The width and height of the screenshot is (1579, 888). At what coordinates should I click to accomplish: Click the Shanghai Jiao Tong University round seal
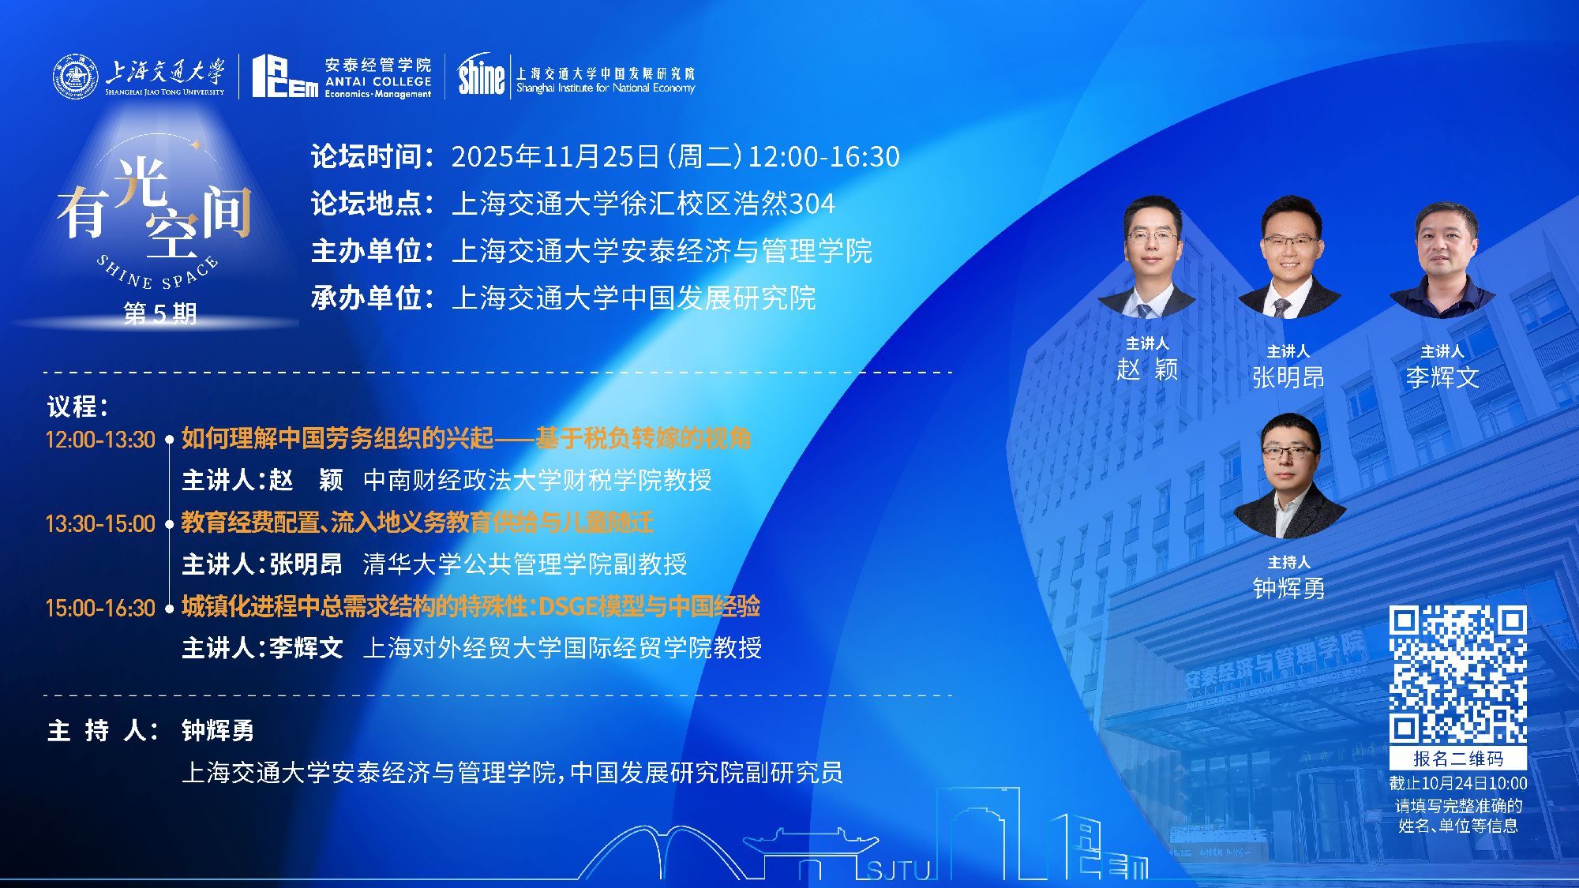point(76,77)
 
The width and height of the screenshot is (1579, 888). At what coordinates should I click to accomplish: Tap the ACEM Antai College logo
point(342,77)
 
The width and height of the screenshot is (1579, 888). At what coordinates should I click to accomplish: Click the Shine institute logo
point(481,75)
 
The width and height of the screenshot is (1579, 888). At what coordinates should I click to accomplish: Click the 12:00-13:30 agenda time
point(100,440)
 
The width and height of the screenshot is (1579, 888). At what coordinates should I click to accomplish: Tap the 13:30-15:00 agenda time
point(100,524)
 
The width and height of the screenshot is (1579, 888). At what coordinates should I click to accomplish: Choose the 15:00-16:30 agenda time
point(100,608)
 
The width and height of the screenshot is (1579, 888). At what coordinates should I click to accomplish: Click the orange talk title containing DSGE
point(471,606)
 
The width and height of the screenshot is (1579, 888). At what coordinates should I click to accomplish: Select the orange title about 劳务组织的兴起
point(466,438)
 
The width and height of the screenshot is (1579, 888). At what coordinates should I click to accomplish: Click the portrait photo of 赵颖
point(1148,257)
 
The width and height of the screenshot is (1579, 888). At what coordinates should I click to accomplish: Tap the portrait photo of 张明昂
point(1288,257)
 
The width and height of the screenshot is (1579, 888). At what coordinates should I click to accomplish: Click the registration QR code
point(1457,674)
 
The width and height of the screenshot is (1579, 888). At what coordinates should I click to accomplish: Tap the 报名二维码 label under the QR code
point(1458,759)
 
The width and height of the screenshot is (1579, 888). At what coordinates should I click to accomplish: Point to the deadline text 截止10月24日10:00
point(1458,784)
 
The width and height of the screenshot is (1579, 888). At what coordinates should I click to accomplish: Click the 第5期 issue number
point(160,313)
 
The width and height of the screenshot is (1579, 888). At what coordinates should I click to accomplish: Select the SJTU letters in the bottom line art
point(898,870)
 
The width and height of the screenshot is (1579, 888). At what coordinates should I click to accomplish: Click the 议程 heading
point(77,407)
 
